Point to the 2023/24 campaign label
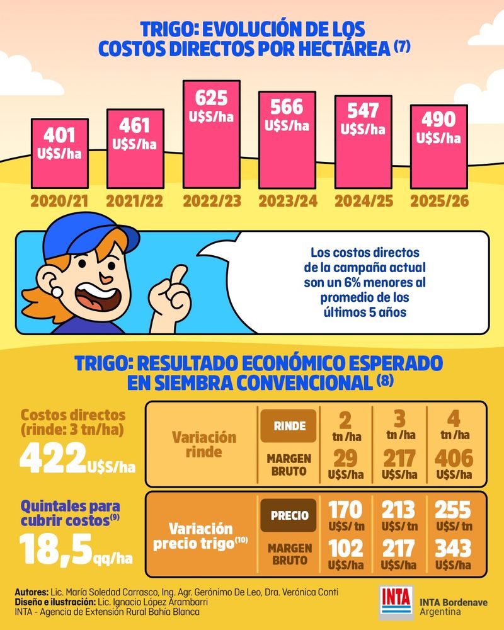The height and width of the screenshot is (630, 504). pyautogui.click(x=287, y=202)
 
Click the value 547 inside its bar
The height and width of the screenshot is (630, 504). pyautogui.click(x=363, y=110)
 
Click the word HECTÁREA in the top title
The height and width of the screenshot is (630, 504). pyautogui.click(x=343, y=49)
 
